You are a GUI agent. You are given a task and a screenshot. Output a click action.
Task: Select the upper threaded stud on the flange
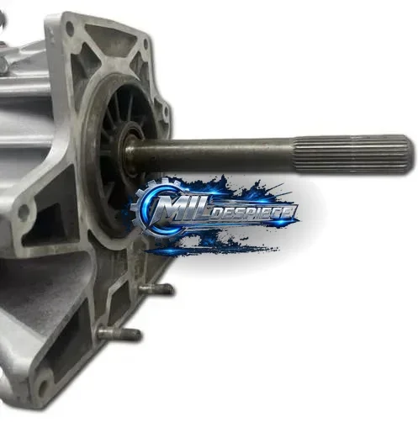[x=156, y=288]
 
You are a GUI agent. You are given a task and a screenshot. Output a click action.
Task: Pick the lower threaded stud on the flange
[x=119, y=334]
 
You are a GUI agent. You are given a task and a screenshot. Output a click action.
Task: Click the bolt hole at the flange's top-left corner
[x=69, y=28]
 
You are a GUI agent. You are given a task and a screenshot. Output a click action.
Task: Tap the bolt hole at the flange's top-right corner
[x=146, y=44]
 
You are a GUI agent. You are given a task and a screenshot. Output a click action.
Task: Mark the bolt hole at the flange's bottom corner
[x=43, y=388]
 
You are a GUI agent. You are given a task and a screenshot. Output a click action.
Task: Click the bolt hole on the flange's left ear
[x=23, y=211]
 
